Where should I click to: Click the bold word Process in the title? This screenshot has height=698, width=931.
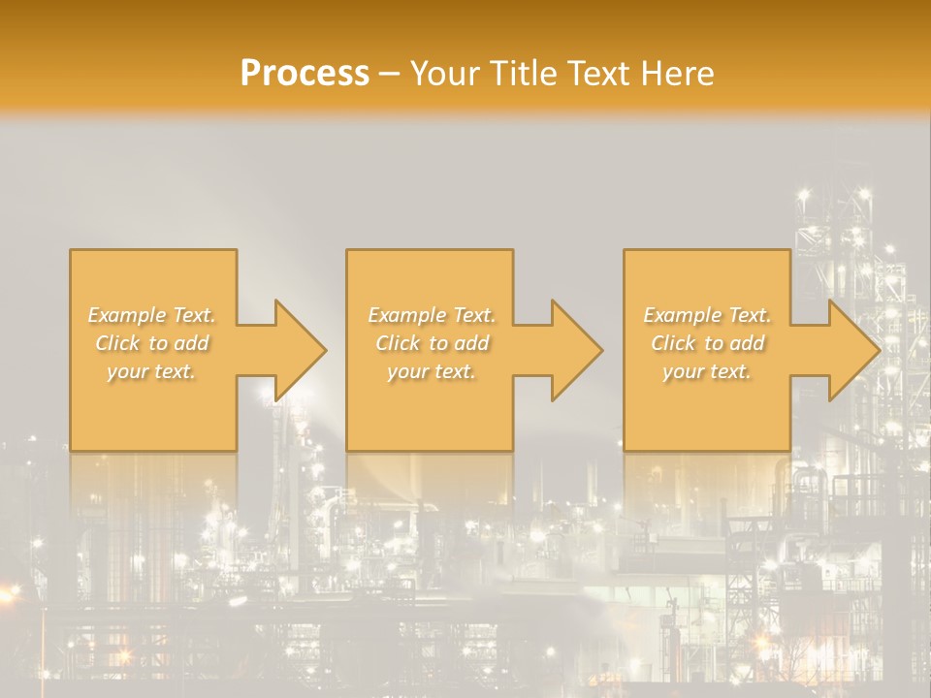tap(305, 74)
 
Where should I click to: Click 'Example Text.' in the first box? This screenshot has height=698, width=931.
tap(152, 315)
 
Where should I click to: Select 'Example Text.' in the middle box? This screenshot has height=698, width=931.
tap(432, 315)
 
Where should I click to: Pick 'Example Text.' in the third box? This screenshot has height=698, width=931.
tap(707, 315)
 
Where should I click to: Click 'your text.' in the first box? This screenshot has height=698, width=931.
tap(151, 371)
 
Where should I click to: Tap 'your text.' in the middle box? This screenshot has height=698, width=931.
tap(432, 371)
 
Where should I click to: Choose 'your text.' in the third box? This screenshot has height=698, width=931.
tap(707, 371)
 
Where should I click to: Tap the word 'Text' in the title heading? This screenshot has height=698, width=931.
tap(599, 74)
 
